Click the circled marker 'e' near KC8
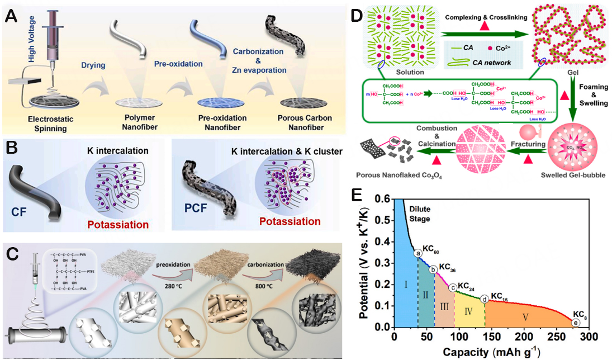pyautogui.click(x=576, y=323)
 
